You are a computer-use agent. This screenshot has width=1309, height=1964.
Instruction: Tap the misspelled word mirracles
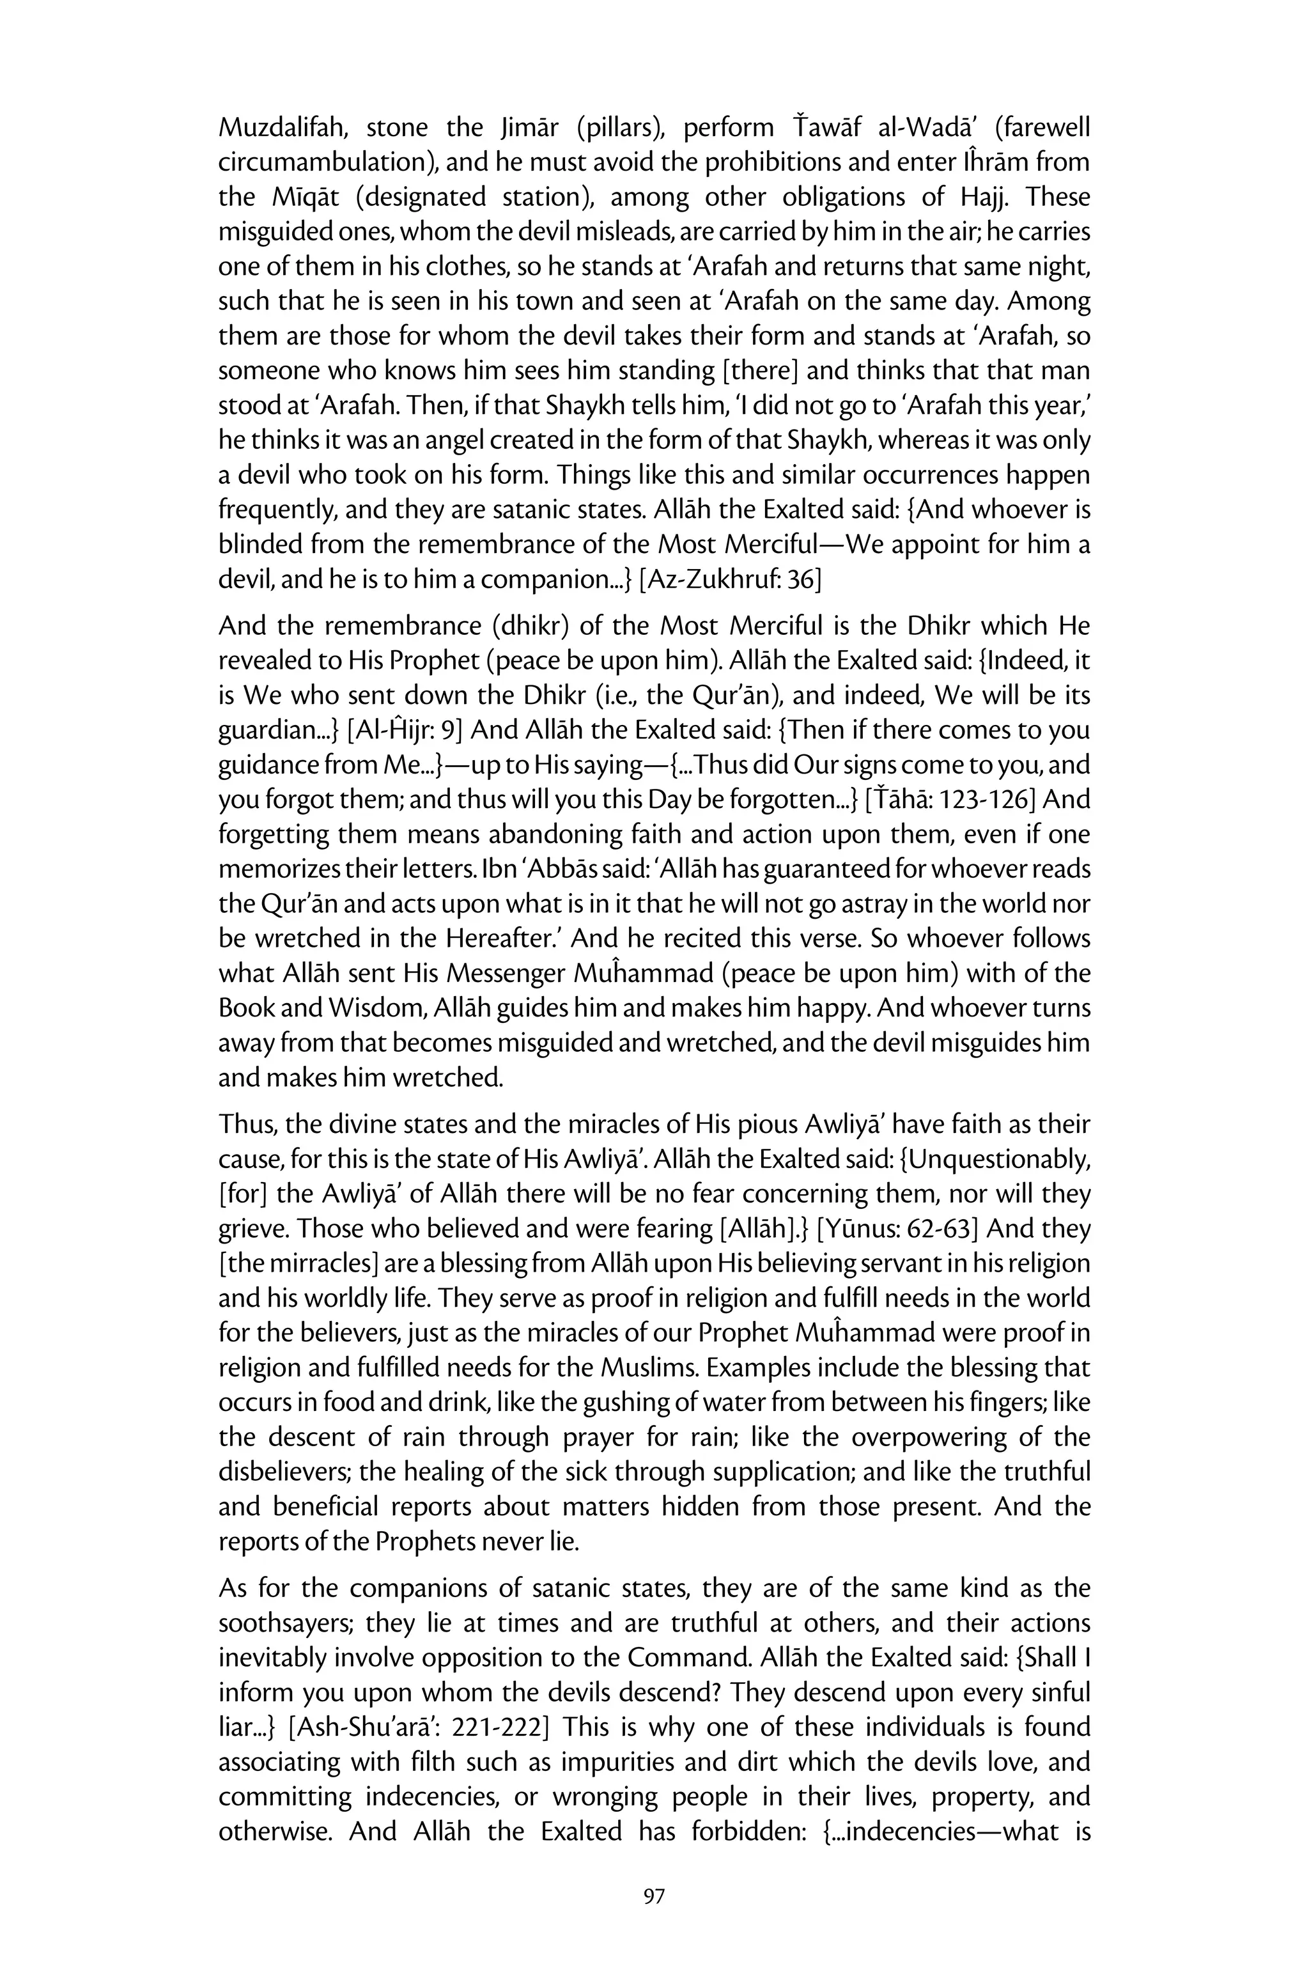(300, 1263)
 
